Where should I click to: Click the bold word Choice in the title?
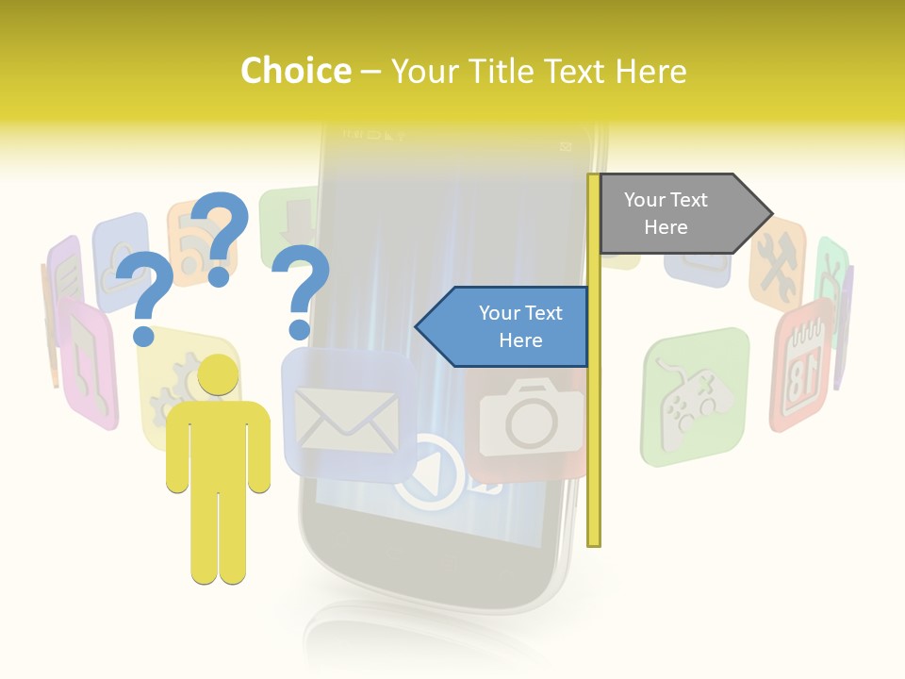click(x=295, y=71)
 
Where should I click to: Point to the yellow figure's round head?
click(x=218, y=375)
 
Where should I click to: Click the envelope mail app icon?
click(x=346, y=416)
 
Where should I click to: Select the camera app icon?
click(x=530, y=420)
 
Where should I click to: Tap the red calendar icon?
click(x=802, y=363)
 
